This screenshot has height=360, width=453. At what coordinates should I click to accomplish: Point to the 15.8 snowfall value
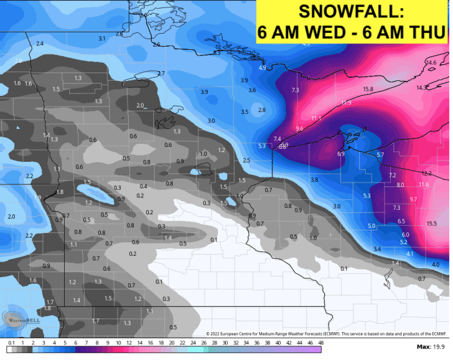[x=368, y=89]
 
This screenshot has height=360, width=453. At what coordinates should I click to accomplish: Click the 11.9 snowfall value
[x=346, y=103]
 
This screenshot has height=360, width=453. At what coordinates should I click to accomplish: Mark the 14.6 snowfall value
[x=431, y=62]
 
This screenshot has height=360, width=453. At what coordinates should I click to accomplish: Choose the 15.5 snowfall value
[x=432, y=223]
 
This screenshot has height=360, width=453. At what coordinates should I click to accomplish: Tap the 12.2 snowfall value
[x=426, y=174]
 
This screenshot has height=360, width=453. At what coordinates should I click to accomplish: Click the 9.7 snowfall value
[x=413, y=200]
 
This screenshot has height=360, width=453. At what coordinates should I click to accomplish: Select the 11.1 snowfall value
[x=316, y=118]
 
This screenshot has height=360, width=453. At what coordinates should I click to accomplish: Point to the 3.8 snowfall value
[x=314, y=179]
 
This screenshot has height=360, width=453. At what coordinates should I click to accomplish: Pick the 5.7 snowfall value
[x=380, y=155]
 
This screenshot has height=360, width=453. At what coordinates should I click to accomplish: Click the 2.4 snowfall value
[x=39, y=43]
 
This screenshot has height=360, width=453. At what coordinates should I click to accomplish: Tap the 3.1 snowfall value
[x=102, y=39]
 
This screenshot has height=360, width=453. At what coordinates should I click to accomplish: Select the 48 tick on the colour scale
[x=318, y=343]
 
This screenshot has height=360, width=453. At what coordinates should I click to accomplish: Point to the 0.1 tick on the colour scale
[x=10, y=343]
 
